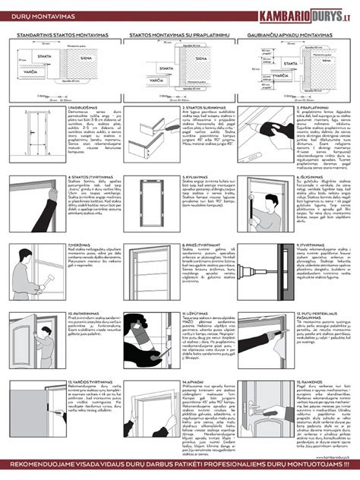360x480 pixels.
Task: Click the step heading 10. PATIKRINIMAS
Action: pyautogui.click(x=82, y=312)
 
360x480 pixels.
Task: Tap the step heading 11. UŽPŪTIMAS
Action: pyautogui.click(x=198, y=312)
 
